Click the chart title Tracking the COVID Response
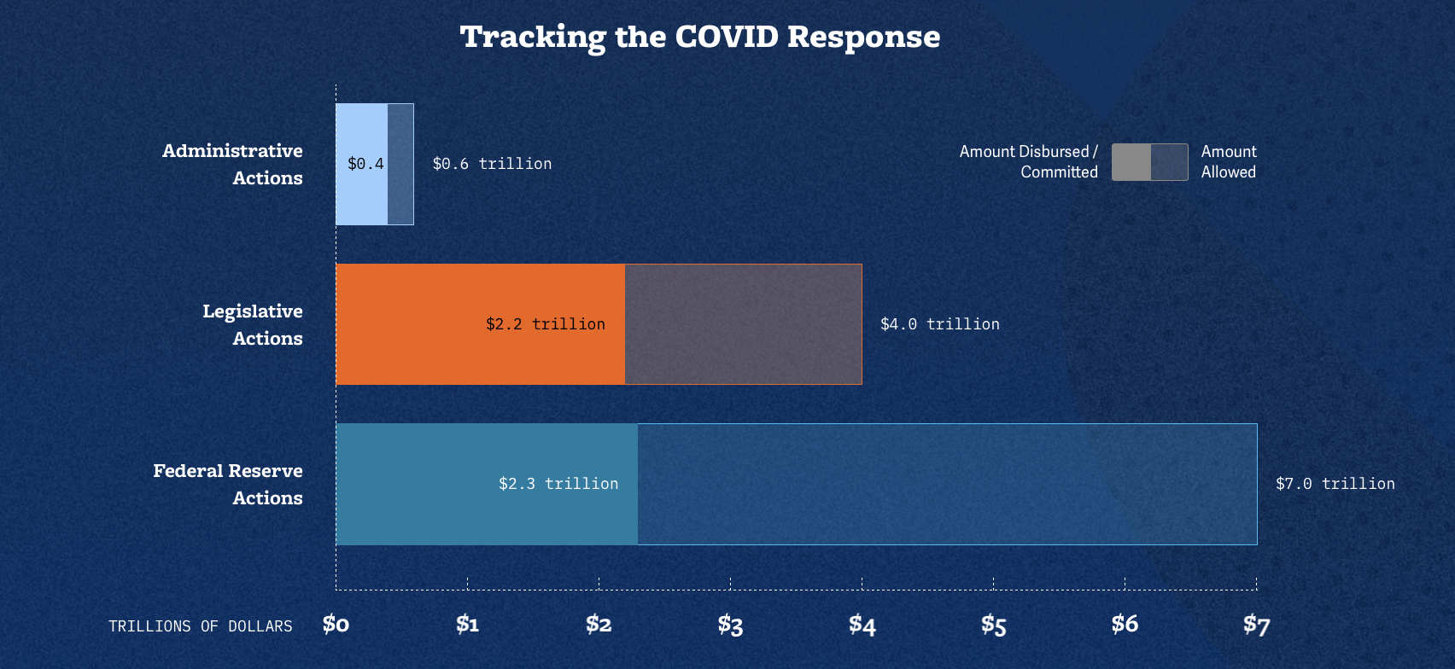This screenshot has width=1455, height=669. pyautogui.click(x=700, y=37)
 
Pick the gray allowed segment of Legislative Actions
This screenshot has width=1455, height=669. pyautogui.click(x=743, y=324)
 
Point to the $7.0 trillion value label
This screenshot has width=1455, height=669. pyautogui.click(x=1335, y=484)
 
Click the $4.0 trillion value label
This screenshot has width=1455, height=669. pyautogui.click(x=939, y=324)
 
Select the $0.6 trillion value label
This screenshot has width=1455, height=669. pyautogui.click(x=492, y=164)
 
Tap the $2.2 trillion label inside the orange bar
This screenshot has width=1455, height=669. pyautogui.click(x=546, y=324)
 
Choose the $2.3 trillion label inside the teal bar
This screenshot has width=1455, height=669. pyautogui.click(x=558, y=484)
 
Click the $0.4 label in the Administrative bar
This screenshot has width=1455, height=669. pyautogui.click(x=365, y=164)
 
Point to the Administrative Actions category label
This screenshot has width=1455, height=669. pyautogui.click(x=232, y=164)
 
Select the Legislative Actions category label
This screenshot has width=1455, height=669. pyautogui.click(x=253, y=324)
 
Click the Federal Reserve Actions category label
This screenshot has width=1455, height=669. pyautogui.click(x=228, y=484)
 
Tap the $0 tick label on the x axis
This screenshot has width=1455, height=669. pyautogui.click(x=336, y=625)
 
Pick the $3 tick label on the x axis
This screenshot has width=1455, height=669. pyautogui.click(x=730, y=625)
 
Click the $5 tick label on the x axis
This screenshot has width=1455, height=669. pyautogui.click(x=993, y=625)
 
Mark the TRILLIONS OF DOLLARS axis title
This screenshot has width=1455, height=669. pyautogui.click(x=201, y=626)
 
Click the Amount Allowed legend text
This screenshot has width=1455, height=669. pyautogui.click(x=1229, y=161)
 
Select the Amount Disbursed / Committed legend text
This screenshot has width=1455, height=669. pyautogui.click(x=1028, y=161)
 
